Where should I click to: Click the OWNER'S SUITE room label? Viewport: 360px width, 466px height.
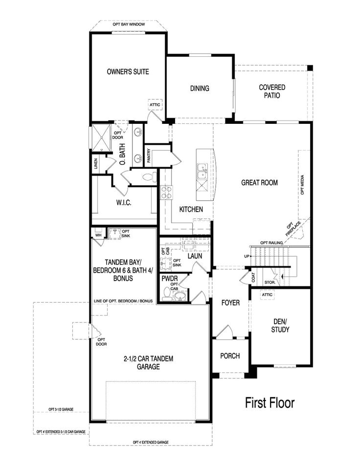pyautogui.click(x=128, y=71)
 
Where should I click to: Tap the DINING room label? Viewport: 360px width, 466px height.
pyautogui.click(x=200, y=89)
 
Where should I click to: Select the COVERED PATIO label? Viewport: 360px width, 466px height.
pyautogui.click(x=272, y=92)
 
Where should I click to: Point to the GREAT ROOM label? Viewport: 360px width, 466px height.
pyautogui.click(x=259, y=183)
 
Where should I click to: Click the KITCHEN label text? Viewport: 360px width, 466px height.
pyautogui.click(x=191, y=209)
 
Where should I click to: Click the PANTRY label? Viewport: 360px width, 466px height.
pyautogui.click(x=149, y=156)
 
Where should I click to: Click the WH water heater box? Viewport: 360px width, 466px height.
pyautogui.click(x=98, y=234)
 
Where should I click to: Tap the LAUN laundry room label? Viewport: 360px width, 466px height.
pyautogui.click(x=195, y=255)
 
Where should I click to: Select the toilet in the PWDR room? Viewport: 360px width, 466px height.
pyautogui.click(x=167, y=294)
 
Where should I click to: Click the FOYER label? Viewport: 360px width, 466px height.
pyautogui.click(x=230, y=303)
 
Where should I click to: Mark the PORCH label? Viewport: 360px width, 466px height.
pyautogui.click(x=230, y=356)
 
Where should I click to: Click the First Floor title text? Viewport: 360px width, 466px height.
pyautogui.click(x=270, y=403)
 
